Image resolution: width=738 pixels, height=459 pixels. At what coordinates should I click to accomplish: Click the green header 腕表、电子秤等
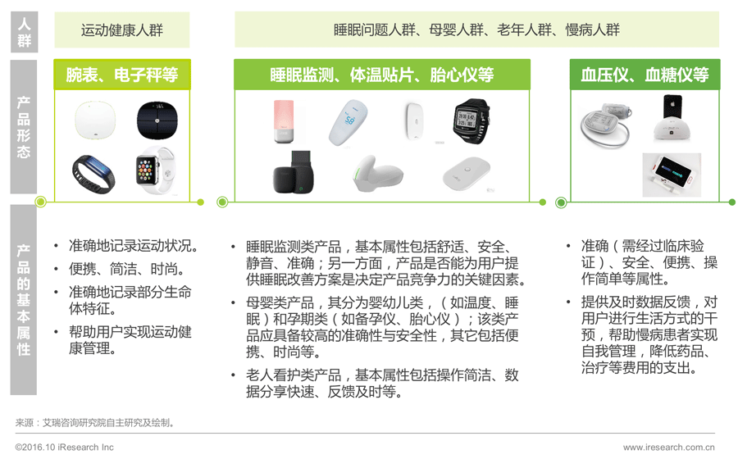point(122,75)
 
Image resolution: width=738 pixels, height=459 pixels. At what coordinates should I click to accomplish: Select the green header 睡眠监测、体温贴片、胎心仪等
point(381,75)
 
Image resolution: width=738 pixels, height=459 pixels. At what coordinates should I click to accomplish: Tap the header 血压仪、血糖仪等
point(645,75)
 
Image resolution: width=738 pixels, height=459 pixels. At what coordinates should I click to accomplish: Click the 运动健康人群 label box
point(122,30)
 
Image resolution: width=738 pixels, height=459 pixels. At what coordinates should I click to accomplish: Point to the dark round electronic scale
point(157,120)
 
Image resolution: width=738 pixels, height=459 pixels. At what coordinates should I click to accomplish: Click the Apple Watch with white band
point(155,170)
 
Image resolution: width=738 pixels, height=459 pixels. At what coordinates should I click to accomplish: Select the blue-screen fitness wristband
point(93,173)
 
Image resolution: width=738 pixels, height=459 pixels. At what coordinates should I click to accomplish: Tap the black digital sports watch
point(471,120)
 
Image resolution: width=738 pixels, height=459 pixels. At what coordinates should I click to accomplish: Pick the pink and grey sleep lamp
point(284,121)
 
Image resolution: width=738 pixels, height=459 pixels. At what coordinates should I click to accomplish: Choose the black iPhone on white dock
point(672,118)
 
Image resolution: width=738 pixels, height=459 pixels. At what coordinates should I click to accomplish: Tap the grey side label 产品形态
point(24,126)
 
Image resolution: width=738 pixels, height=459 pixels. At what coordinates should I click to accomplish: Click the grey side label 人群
point(24,32)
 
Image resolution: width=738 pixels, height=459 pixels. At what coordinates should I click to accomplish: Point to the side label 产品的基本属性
point(24,299)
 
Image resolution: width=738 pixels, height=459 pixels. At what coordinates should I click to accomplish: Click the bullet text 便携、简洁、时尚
point(127,269)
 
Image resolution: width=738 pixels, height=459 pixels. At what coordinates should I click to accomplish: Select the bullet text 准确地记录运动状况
point(134,246)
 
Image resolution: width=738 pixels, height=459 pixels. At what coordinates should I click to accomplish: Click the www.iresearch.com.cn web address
point(669,448)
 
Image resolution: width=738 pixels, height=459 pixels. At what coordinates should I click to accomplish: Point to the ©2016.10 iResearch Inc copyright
point(65,448)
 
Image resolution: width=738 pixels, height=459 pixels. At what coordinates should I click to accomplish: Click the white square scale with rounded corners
point(96,120)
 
